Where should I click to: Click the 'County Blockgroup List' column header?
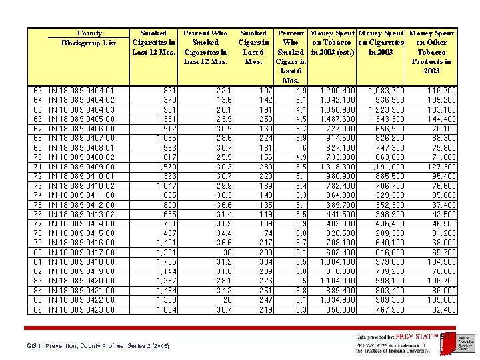pos(89,38)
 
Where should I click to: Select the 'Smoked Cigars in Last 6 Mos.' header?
pos(253,47)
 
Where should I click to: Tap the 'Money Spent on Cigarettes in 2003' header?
pos(381,43)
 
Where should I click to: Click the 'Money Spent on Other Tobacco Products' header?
pos(431,52)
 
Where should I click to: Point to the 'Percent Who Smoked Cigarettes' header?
pos(205,47)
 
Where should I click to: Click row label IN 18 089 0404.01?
pos(81,90)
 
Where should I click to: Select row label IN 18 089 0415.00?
pos(81,233)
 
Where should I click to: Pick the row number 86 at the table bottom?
pos(37,310)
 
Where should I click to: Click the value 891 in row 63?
pos(169,90)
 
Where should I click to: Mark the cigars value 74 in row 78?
pos(268,233)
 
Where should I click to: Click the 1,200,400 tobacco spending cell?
pos(337,90)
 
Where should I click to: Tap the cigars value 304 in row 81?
pos(265,262)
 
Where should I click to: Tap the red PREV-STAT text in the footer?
pos(413,336)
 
